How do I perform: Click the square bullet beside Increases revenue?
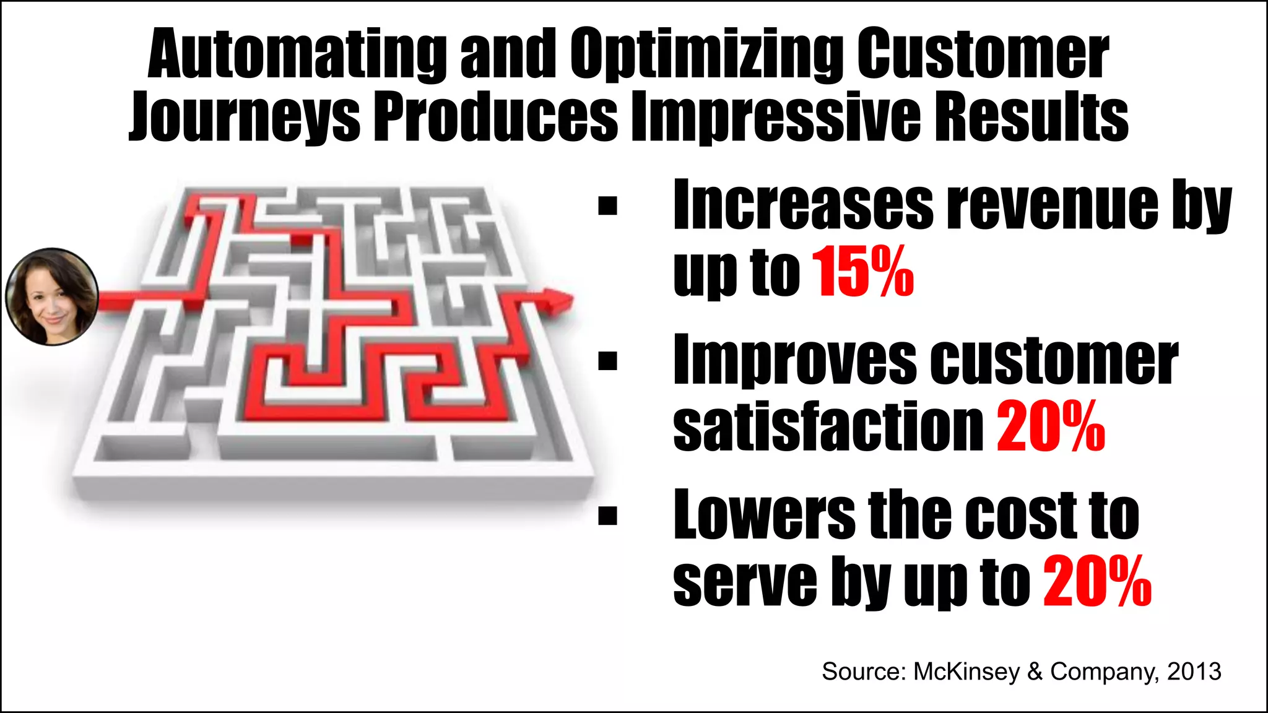[x=608, y=205]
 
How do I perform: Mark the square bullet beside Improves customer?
[x=608, y=360]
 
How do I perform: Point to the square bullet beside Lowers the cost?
[x=608, y=515]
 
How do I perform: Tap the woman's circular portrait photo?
[x=52, y=296]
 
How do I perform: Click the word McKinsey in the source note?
[x=966, y=672]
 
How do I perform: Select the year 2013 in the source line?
[x=1194, y=672]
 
